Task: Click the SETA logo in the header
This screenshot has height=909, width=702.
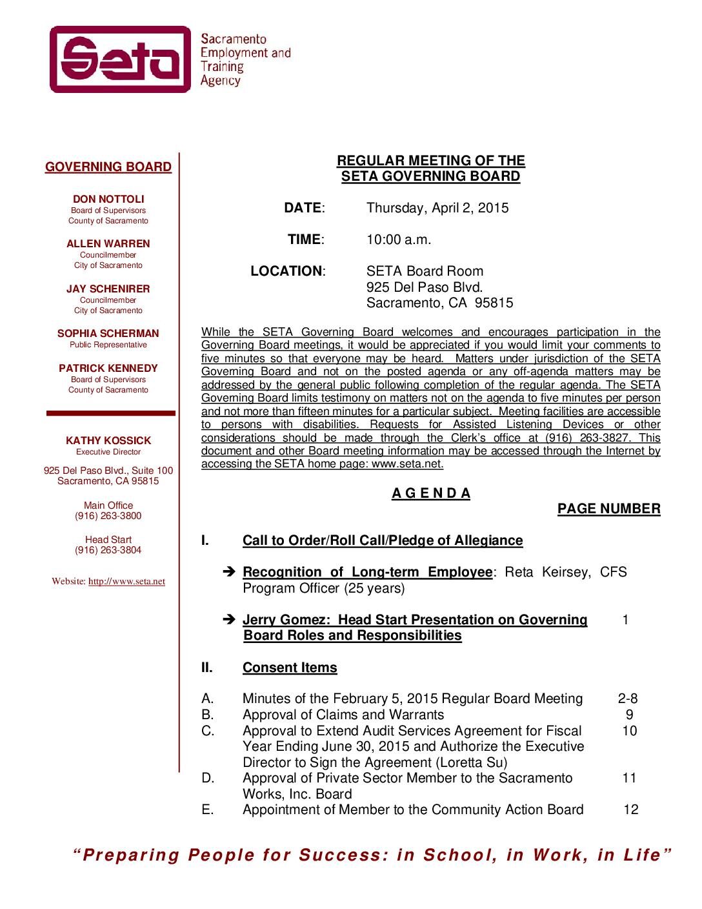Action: click(x=121, y=59)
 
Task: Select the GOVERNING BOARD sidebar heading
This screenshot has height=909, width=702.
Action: click(x=108, y=167)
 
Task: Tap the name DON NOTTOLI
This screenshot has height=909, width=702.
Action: click(x=108, y=199)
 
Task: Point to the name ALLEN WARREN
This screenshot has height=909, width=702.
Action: click(x=108, y=244)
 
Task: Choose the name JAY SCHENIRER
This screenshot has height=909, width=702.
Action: click(x=108, y=289)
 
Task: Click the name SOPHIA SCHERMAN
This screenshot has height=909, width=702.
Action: click(x=108, y=334)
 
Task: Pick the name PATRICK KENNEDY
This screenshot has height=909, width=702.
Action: click(x=108, y=369)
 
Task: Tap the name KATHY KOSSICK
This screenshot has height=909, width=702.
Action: click(x=108, y=441)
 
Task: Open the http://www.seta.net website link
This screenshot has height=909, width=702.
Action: click(x=126, y=582)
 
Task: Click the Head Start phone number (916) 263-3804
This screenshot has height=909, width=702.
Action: click(x=108, y=550)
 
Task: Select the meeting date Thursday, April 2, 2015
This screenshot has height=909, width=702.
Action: click(x=437, y=208)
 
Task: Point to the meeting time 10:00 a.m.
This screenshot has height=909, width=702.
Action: click(x=399, y=240)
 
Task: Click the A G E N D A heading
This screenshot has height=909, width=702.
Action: click(x=431, y=494)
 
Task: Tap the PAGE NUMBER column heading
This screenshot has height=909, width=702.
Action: click(x=608, y=509)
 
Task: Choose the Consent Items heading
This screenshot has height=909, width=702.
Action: click(x=290, y=668)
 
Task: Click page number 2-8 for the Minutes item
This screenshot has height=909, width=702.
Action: click(x=628, y=699)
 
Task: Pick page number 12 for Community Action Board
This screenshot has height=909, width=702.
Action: click(x=630, y=810)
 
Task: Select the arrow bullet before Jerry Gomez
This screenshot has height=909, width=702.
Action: click(x=228, y=620)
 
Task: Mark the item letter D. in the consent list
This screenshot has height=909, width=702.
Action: click(x=208, y=778)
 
